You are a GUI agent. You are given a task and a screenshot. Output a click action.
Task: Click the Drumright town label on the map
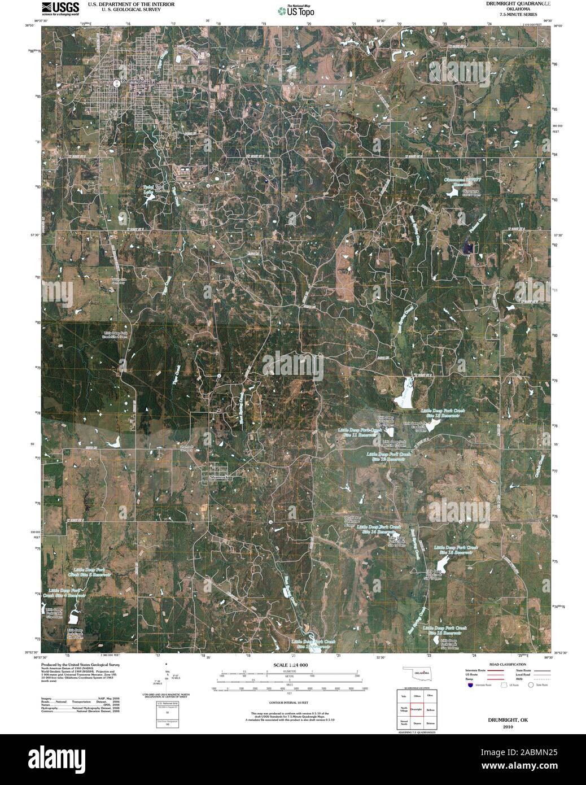coord(133,81)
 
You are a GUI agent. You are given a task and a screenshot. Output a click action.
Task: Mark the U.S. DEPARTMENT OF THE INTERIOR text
coord(131,4)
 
